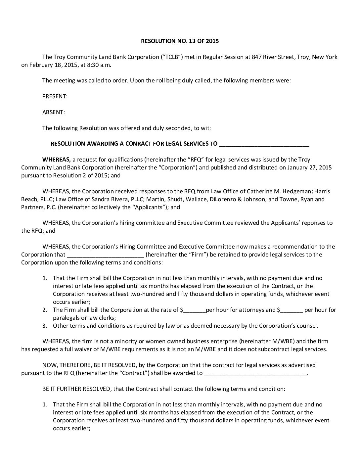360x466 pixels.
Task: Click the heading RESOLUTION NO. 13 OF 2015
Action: pyautogui.click(x=180, y=41)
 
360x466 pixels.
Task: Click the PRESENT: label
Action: pyautogui.click(x=55, y=96)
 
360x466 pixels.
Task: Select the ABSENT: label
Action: pyautogui.click(x=54, y=112)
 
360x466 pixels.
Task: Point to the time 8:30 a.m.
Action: pyautogui.click(x=96, y=65)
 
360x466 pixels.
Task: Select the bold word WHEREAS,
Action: pyautogui.click(x=57, y=160)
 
